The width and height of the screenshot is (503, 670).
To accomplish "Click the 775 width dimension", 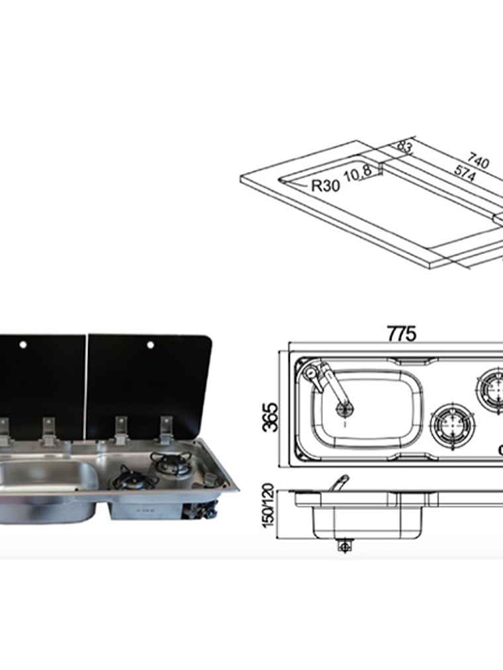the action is coord(401,333).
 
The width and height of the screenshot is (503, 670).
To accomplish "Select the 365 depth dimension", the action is coord(271,417).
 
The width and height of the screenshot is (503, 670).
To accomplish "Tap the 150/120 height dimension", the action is coord(268,505).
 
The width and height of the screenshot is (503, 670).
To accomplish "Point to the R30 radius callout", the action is coord(326,186).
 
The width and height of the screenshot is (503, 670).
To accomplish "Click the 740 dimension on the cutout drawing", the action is coord(478,160).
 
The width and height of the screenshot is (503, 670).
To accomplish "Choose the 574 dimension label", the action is coord(464,173).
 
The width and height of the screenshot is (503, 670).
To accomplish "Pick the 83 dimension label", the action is coord(404,147).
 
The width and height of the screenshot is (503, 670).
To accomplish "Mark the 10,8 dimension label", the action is coord(357,174).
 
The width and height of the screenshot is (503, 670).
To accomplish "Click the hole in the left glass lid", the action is coord(23,344).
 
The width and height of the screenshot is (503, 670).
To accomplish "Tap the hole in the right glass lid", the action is coord(150,345).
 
